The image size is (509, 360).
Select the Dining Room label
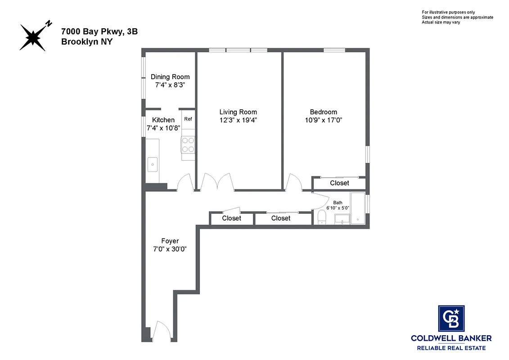point(170,77)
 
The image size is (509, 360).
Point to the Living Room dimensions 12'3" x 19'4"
point(238,120)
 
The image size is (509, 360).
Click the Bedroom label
point(323,112)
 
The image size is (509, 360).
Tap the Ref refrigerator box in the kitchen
point(188,120)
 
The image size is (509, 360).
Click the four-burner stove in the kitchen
point(188,145)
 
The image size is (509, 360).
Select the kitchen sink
point(153,165)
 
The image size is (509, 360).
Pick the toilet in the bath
point(321,218)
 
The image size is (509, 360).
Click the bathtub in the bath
point(358,208)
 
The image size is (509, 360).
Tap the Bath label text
point(338,203)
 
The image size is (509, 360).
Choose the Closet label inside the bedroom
point(339,183)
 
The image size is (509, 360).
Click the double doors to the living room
point(218,183)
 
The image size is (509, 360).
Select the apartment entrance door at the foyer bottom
point(161,332)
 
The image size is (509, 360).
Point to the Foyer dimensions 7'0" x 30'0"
point(170,249)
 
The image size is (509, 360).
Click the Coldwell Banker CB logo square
point(451,318)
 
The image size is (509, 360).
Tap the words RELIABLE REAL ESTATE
point(451,348)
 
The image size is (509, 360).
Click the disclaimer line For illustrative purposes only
point(448,12)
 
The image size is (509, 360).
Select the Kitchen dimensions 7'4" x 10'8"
point(163,128)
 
